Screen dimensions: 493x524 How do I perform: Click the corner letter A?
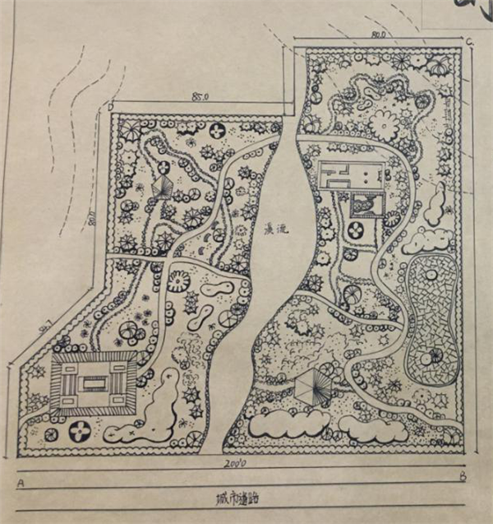[x=20, y=483]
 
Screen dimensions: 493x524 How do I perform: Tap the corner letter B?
[x=463, y=475]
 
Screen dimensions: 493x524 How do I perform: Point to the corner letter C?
[x=468, y=41]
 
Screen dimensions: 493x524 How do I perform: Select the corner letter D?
[x=111, y=107]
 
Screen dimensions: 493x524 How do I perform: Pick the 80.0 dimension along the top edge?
[x=378, y=35]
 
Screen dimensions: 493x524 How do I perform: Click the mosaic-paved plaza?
[x=433, y=317]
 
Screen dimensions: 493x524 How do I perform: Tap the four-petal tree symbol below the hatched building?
[x=81, y=429]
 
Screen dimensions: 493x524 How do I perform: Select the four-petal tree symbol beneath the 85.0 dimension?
[x=217, y=130]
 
